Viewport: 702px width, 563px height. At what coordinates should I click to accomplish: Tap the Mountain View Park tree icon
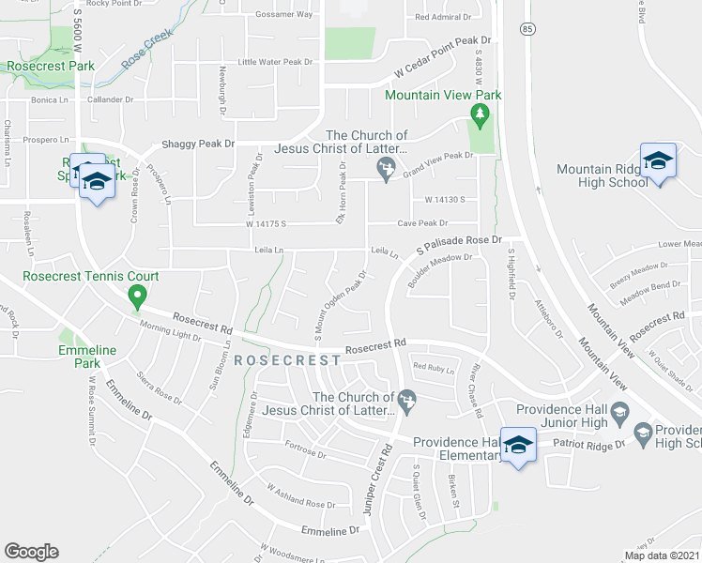[x=481, y=115]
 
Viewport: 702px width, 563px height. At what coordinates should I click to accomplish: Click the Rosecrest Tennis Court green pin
[x=136, y=298]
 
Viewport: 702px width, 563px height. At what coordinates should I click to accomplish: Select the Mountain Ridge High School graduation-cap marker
[x=658, y=160]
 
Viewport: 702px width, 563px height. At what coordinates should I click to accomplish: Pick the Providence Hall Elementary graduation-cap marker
[x=517, y=445]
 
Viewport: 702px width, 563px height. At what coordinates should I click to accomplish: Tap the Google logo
[x=31, y=552]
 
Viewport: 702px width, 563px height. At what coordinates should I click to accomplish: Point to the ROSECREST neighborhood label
[x=286, y=360]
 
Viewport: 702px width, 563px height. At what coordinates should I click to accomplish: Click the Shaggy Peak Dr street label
[x=197, y=144]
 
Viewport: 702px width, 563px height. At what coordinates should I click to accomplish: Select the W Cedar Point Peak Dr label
[x=443, y=56]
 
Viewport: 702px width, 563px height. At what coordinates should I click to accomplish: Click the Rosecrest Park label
[x=50, y=67]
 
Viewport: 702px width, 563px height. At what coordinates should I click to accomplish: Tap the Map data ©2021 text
[x=662, y=555]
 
